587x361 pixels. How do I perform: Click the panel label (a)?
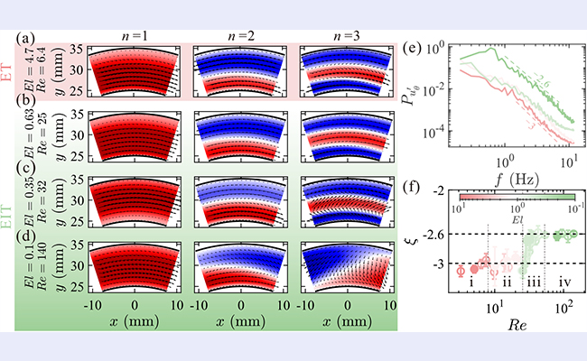28,39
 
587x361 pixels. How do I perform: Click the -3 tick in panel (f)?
442,264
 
